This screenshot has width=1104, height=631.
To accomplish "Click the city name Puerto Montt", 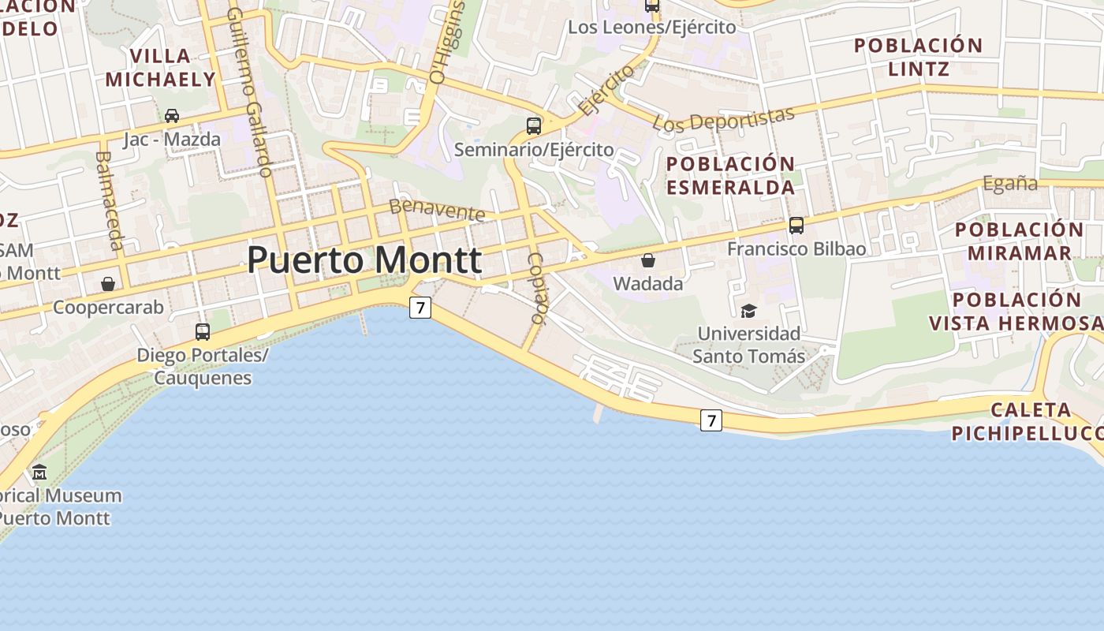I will [364, 260].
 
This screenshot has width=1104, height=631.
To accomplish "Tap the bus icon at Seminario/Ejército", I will [534, 125].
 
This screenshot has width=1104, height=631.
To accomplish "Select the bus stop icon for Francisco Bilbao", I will [796, 226].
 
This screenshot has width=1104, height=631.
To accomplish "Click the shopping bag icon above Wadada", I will [648, 260].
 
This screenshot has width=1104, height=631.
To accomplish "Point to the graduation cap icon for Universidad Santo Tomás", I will [748, 312].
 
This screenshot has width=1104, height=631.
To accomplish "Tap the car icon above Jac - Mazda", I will [172, 116].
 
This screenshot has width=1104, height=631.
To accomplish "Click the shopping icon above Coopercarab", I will [108, 284].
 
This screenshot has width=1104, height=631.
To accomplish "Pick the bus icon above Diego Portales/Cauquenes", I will [203, 331].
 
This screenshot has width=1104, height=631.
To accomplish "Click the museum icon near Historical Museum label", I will [39, 472].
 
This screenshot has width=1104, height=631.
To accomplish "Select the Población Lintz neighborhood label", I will [919, 57].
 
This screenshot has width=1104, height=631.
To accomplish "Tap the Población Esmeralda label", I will [731, 176].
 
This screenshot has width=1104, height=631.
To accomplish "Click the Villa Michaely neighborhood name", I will [161, 68].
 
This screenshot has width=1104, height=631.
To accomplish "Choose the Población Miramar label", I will [1020, 241].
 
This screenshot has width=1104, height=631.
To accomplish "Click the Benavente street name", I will [438, 210].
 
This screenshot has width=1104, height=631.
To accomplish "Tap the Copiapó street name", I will [537, 288].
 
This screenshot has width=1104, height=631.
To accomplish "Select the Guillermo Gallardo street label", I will [249, 92].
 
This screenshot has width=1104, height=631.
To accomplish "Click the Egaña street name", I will [1010, 183].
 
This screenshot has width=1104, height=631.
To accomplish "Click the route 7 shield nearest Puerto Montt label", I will [420, 308].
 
